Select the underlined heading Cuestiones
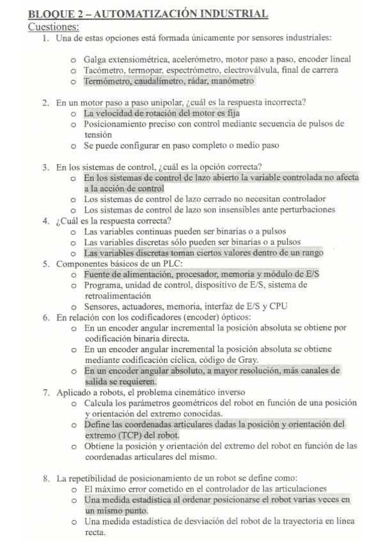click(54, 27)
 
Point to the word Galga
click(95, 59)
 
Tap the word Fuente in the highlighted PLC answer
click(97, 274)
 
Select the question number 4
click(45, 221)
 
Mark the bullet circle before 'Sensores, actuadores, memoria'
click(74, 307)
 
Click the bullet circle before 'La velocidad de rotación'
click(74, 114)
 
